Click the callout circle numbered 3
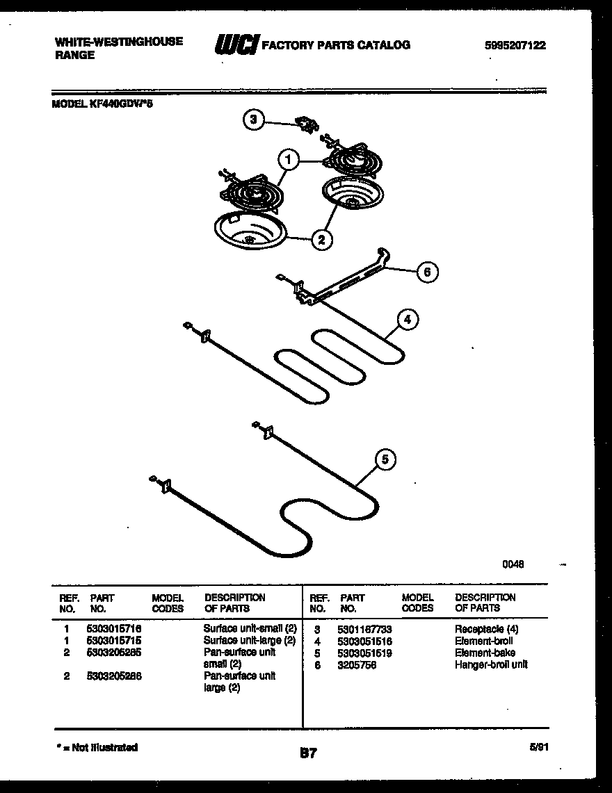tap(253, 120)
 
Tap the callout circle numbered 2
tap(321, 240)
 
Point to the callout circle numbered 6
tap(427, 272)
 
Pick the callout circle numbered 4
tap(408, 320)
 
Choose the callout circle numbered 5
tap(385, 459)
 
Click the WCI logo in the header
tap(236, 45)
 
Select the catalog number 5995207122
tap(515, 46)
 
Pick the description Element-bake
tap(485, 653)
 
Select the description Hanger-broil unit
tap(491, 664)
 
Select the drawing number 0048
tap(513, 564)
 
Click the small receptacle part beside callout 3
tap(305, 124)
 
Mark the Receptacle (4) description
tap(486, 629)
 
